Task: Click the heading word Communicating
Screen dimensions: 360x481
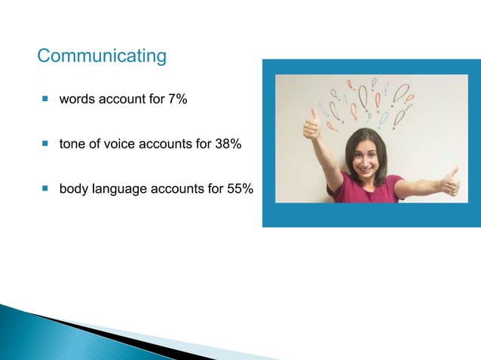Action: tap(101, 56)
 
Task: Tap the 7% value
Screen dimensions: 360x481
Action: tap(177, 100)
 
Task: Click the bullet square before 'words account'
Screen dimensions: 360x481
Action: tap(44, 99)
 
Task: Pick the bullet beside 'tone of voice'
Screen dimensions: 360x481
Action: tap(44, 143)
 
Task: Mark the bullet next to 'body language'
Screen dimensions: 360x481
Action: tap(44, 187)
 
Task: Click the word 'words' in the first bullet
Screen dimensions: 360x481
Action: tap(77, 100)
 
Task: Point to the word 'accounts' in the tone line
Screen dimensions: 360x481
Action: tap(164, 144)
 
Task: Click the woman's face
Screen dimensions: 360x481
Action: tap(364, 154)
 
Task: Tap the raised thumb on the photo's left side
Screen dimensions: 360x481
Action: tap(311, 124)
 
